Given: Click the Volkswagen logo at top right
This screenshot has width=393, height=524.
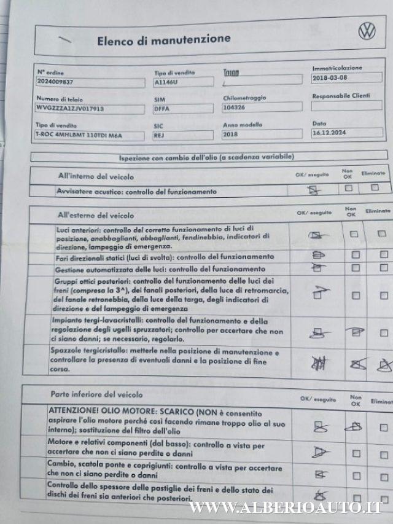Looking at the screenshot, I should point(367,31).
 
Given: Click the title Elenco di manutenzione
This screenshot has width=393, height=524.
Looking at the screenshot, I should point(164,39).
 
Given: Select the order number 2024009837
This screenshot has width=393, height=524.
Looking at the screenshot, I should point(55,81).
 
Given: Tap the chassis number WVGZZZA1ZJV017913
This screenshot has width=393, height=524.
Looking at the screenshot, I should point(70,108).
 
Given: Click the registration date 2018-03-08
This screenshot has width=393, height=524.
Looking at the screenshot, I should point(329,78).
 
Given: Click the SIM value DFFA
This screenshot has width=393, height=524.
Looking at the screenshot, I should point(162,108).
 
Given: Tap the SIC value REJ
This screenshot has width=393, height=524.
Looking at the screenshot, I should point(159,135).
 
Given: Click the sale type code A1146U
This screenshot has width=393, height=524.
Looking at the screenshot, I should point(165,81).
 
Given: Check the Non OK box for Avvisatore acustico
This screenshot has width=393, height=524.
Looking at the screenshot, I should point(349,189).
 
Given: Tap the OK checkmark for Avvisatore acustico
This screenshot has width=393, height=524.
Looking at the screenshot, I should point(314,190).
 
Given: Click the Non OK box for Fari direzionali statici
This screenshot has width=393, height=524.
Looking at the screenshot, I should point(356,254).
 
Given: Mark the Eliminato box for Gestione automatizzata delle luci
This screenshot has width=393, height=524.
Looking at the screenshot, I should point(383,267).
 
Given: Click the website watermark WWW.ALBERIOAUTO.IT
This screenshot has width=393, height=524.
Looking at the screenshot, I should point(286,507).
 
